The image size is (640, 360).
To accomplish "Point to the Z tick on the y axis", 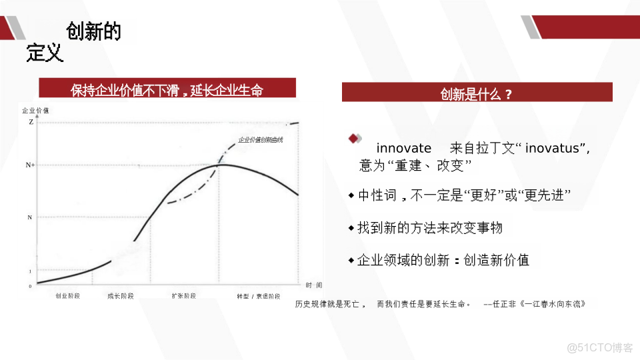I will (x=31, y=122).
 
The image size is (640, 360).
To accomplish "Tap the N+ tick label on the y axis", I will (x=31, y=165).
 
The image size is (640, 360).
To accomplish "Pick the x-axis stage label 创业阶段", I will (x=67, y=296).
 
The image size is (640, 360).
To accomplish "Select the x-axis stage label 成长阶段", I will (x=120, y=296).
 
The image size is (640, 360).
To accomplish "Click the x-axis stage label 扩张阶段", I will (x=184, y=296).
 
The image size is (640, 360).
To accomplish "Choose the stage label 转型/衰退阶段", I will (x=258, y=296).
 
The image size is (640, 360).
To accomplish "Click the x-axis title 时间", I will (x=314, y=285).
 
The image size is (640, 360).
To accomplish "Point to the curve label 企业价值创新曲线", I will (x=261, y=140).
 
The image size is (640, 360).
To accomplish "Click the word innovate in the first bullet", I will (x=404, y=148).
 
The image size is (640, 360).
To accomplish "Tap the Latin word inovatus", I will (x=555, y=148).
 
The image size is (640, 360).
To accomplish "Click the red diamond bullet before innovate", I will (x=354, y=138).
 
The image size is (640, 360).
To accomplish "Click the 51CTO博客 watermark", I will (x=599, y=347).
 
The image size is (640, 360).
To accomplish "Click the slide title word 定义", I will (x=45, y=53).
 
